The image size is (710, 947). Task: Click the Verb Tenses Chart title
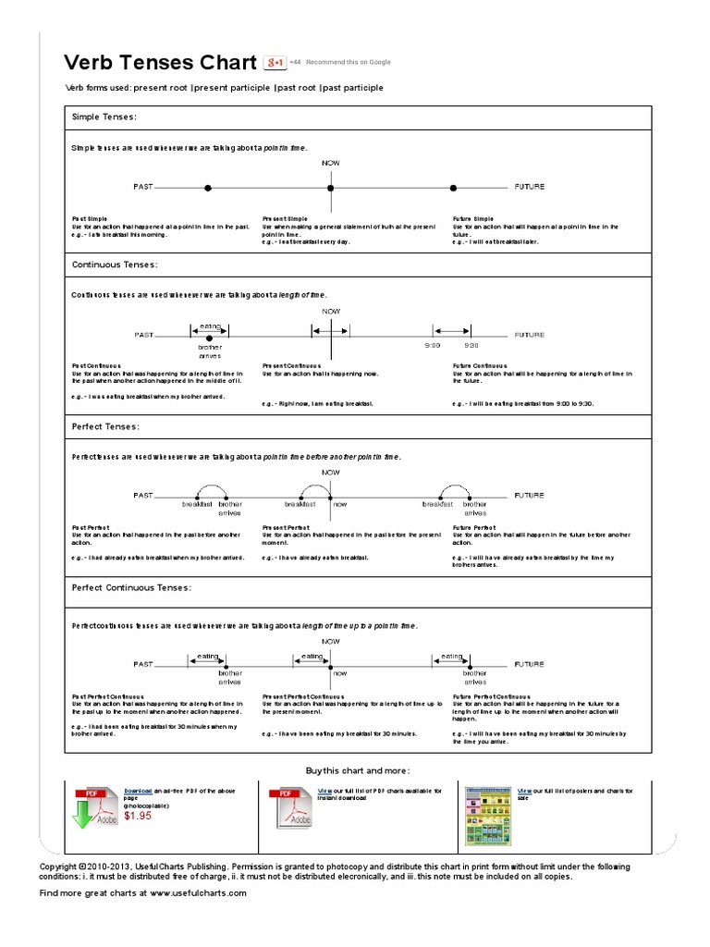(x=159, y=63)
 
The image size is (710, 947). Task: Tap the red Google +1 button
(x=275, y=62)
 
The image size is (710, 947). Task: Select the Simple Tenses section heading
(x=104, y=117)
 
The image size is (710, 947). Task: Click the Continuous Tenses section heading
(x=115, y=264)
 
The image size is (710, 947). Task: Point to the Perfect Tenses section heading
(x=105, y=426)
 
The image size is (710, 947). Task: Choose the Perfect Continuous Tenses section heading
(x=131, y=587)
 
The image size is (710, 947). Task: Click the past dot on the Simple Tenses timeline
(x=208, y=188)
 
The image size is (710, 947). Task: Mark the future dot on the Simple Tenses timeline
(x=453, y=188)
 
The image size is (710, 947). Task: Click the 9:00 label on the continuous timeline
(x=433, y=345)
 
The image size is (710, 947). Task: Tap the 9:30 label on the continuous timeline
(x=471, y=345)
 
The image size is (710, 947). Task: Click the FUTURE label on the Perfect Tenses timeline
(x=530, y=495)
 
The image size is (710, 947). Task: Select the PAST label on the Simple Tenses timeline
(x=143, y=187)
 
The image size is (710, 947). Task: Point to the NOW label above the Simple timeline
(x=331, y=163)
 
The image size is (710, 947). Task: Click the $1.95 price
(x=139, y=817)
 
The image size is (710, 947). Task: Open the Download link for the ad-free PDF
(x=138, y=792)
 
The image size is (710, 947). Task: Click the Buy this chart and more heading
(x=357, y=770)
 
